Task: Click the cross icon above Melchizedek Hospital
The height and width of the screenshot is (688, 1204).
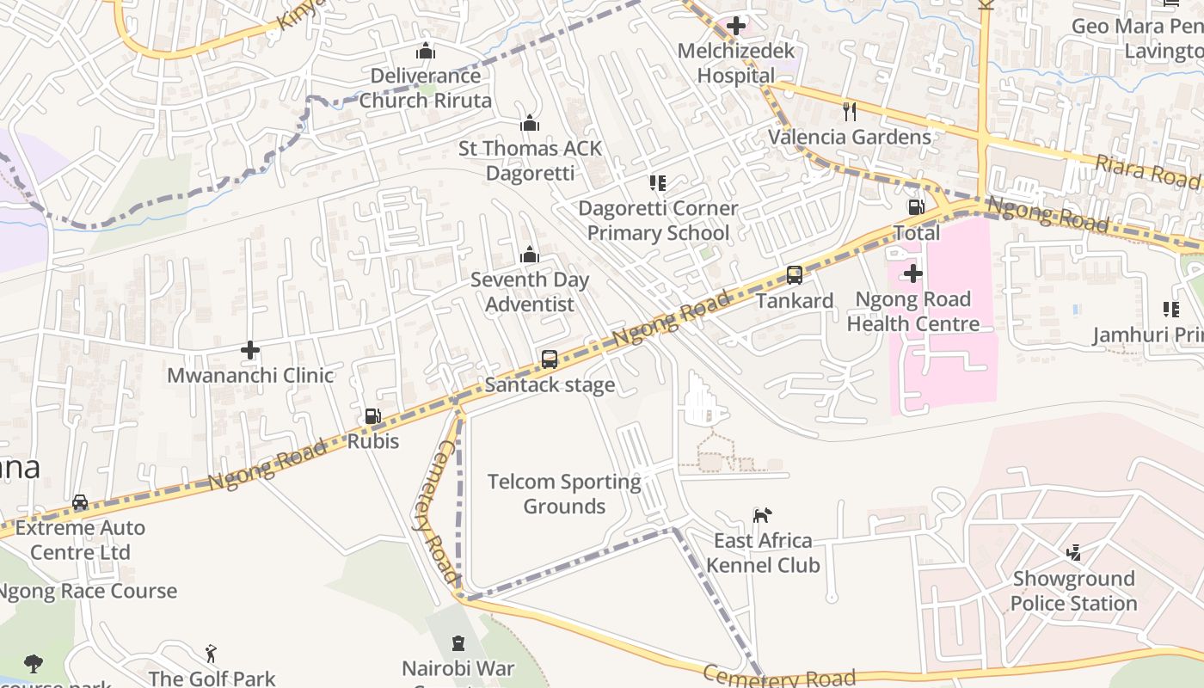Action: [x=736, y=26]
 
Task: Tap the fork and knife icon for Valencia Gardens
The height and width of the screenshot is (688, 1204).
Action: [x=850, y=111]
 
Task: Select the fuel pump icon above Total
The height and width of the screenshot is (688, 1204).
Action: [x=916, y=207]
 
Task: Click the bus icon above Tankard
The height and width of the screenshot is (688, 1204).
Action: [x=795, y=275]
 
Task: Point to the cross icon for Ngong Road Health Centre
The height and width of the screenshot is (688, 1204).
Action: [x=912, y=274]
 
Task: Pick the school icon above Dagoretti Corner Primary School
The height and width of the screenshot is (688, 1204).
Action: [x=658, y=182]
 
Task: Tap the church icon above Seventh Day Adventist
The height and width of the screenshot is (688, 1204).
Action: [x=530, y=255]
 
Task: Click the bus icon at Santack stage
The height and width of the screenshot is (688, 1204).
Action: [x=550, y=359]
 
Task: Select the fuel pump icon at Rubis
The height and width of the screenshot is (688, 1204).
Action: [x=372, y=416]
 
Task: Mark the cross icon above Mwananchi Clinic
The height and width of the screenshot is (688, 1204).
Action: [x=250, y=350]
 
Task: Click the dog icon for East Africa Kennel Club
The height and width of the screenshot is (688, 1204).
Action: [x=762, y=515]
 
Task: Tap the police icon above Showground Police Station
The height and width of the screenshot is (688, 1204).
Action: [x=1073, y=553]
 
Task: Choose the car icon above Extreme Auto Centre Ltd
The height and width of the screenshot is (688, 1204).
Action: [x=80, y=502]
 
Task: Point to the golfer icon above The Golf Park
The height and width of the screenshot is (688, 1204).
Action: [x=211, y=654]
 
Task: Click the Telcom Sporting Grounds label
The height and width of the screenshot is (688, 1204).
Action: [x=564, y=494]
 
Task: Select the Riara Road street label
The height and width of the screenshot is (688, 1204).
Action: [x=1147, y=170]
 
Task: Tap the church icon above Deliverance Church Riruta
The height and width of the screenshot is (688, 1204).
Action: [x=426, y=52]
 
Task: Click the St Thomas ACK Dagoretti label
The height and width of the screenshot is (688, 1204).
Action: [x=530, y=161]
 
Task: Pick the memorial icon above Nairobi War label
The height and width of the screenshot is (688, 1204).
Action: [x=458, y=643]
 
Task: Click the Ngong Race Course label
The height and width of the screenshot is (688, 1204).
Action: [x=86, y=591]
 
